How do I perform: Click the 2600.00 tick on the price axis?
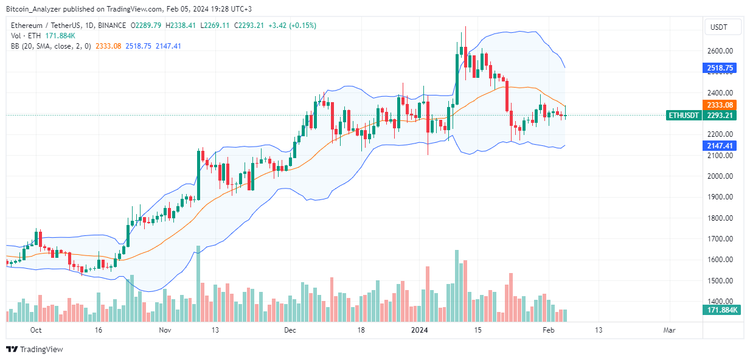tap(719, 51)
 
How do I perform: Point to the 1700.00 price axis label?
tap(719, 239)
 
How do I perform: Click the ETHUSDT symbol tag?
tap(684, 115)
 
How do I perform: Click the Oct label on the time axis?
tap(35, 330)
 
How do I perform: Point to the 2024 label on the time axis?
tap(420, 330)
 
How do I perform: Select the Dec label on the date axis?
tap(290, 330)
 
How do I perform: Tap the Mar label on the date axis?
tap(669, 330)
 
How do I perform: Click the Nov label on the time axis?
tap(165, 330)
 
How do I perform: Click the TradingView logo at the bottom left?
tap(35, 350)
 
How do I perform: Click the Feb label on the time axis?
tap(548, 330)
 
